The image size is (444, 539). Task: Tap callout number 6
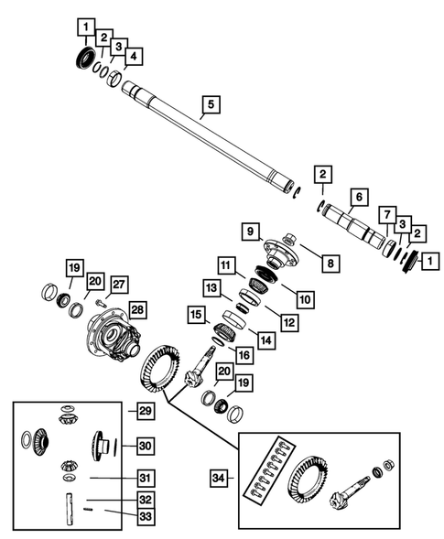pos(358,197)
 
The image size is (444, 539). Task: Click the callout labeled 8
pos(330,263)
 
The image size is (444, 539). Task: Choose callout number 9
pos(249,232)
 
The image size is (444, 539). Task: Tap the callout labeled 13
pos(212,288)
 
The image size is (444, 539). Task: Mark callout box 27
pos(118,284)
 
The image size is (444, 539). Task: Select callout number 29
pos(146,411)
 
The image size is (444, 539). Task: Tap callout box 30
pos(146,445)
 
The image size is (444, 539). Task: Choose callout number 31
pos(146,477)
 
